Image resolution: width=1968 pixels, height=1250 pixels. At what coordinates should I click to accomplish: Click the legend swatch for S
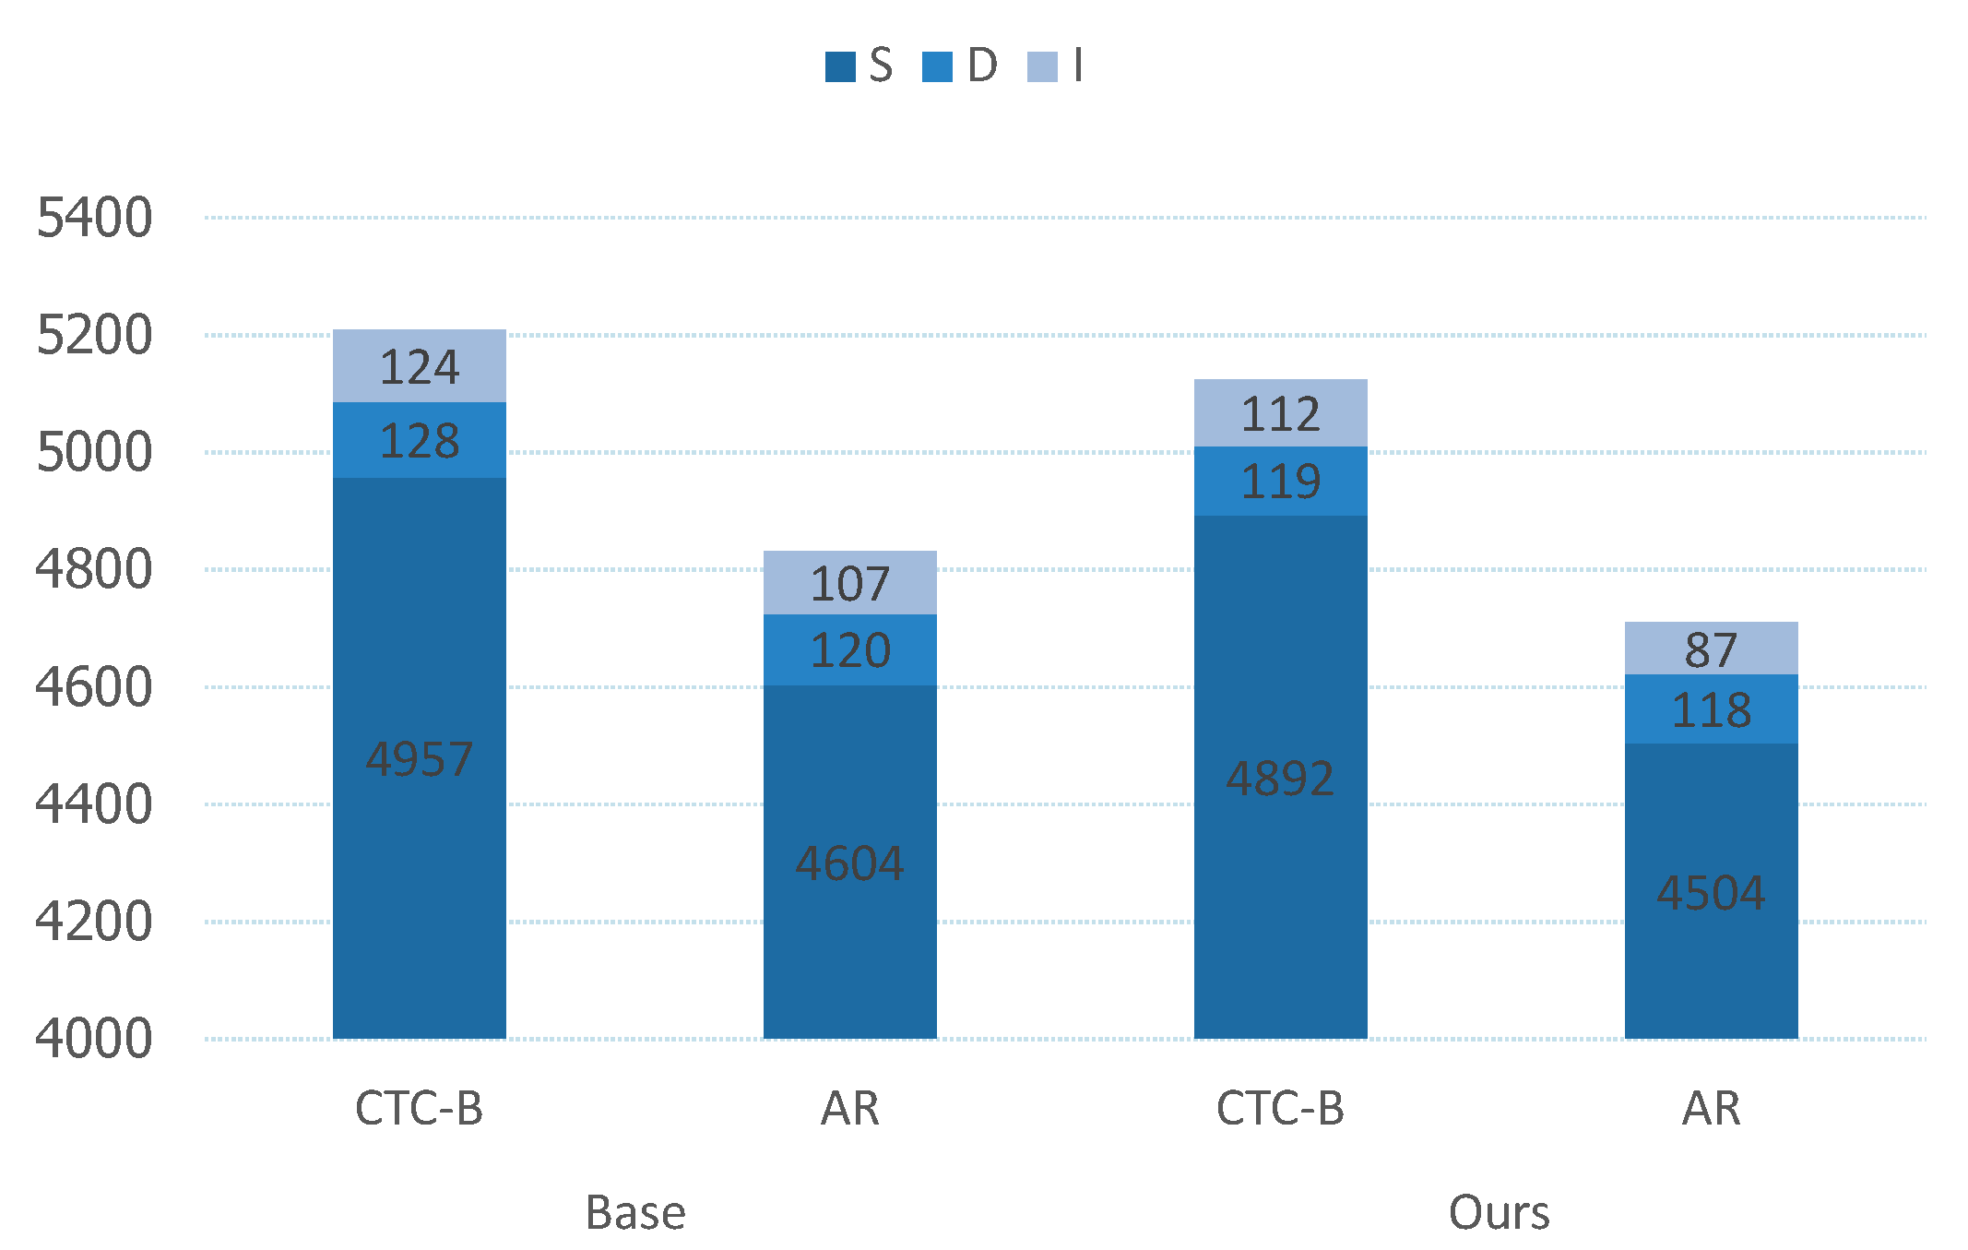(840, 67)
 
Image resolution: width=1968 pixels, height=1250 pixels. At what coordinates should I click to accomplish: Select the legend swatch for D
(937, 67)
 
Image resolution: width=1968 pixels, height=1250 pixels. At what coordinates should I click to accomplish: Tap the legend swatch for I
(1042, 67)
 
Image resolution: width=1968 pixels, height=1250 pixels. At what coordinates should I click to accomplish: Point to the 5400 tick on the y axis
(94, 218)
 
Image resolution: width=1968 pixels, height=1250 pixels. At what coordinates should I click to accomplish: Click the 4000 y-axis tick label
(94, 1039)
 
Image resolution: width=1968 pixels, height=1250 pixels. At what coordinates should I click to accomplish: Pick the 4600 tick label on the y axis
(94, 687)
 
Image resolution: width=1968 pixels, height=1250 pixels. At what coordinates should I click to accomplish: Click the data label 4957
(420, 759)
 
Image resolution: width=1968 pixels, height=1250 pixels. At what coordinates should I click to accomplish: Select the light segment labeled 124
(420, 366)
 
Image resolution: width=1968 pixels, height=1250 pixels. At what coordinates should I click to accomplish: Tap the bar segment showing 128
(420, 440)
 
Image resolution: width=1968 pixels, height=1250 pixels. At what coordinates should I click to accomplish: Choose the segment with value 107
(850, 583)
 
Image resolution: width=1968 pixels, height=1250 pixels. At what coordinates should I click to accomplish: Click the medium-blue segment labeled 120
(850, 649)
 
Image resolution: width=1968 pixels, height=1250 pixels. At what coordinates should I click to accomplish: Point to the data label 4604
(850, 863)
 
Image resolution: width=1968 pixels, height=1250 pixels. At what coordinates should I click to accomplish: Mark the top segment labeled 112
(1281, 413)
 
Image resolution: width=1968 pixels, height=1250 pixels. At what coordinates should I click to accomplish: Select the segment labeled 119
(1281, 481)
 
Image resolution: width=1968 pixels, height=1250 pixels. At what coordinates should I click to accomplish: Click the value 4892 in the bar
(1281, 779)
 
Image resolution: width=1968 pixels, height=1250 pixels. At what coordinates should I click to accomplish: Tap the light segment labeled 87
(1712, 649)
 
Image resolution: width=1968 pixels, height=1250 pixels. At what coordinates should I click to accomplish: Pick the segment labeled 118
(1712, 709)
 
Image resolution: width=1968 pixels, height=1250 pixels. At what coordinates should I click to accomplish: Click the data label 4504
(1712, 893)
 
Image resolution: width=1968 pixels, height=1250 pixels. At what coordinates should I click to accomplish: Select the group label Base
(635, 1212)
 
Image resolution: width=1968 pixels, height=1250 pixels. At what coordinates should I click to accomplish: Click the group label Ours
(1499, 1212)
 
